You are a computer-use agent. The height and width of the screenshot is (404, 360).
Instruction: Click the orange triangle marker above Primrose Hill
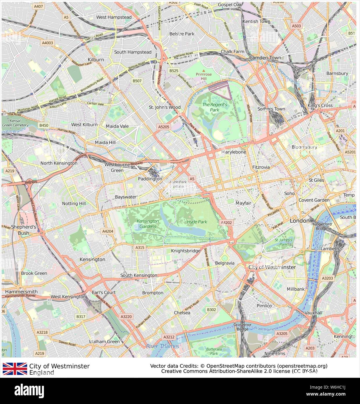coord(204,71)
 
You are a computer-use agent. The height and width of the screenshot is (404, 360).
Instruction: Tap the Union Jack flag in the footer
coord(15,369)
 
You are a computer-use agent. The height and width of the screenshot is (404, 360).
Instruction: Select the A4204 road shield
coord(108,231)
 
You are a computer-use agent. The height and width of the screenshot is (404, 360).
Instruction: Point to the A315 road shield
coord(140,247)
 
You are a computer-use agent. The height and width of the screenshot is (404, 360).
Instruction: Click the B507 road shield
coord(137,81)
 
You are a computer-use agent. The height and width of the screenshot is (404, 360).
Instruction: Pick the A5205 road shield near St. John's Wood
coord(164,127)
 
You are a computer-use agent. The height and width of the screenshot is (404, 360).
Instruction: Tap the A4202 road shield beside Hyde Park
coord(226,223)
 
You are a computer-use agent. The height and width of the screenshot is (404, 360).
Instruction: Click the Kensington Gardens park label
coord(148,224)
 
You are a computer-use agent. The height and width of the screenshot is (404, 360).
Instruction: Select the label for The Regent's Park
coord(215,107)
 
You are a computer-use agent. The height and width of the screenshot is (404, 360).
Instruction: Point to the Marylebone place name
coord(234,152)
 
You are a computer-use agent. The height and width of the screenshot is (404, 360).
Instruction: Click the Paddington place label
coord(150,179)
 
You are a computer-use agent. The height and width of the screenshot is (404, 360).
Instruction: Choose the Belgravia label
coord(224,263)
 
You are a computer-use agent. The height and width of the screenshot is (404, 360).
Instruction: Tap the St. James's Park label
coord(283,242)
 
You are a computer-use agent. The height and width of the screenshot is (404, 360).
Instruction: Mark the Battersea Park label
coord(214,351)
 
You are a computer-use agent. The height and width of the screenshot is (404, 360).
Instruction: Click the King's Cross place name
coord(320,106)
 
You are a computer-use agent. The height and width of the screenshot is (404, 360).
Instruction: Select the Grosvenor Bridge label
coord(243,327)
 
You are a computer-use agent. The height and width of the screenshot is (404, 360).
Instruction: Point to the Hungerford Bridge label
coord(321,226)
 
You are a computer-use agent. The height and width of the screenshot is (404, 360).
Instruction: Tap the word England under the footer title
coord(42,373)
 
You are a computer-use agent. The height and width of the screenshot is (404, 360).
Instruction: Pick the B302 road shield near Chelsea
coord(211,310)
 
